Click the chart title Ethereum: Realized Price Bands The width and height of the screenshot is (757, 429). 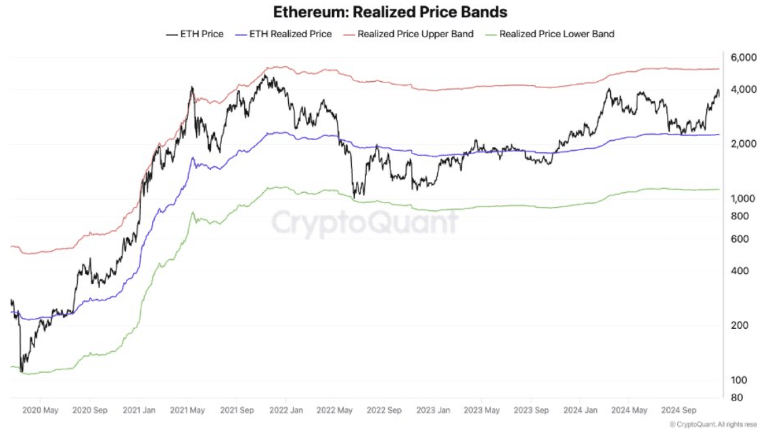click(390, 12)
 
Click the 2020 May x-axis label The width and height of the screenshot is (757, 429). click(41, 410)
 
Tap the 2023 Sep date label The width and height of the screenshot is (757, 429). click(532, 410)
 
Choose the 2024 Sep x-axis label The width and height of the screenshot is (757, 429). click(680, 410)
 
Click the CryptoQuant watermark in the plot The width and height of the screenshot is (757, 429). click(365, 221)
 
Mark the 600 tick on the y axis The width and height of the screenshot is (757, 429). click(739, 239)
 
